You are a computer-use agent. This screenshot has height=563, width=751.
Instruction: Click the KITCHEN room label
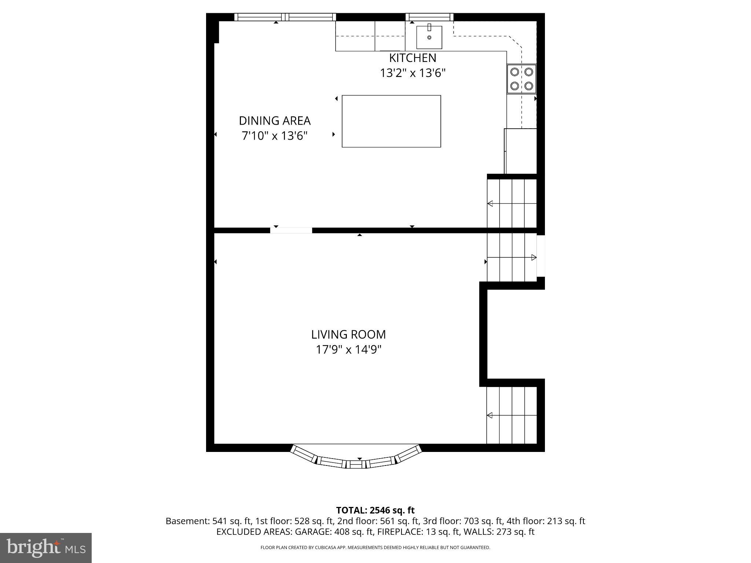pos(412,58)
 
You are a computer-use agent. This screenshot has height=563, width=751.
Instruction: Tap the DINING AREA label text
pos(275,121)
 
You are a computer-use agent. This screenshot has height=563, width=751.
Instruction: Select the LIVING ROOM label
pos(348,334)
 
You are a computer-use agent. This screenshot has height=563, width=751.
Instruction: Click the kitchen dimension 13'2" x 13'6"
pos(412,73)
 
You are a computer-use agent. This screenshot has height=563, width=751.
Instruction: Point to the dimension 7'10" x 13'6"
pos(274,136)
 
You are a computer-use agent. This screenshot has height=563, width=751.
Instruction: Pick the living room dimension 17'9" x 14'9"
pos(348,350)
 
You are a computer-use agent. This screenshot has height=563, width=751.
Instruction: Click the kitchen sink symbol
pos(429,37)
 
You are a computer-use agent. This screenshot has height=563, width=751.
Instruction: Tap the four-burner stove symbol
pos(521,79)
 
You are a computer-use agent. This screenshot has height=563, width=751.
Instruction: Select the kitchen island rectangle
pos(391,121)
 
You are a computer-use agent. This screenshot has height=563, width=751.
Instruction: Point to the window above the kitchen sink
pos(429,17)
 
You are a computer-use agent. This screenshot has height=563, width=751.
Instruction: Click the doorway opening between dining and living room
pos(291,230)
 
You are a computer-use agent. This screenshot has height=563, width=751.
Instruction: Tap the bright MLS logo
pos(46,548)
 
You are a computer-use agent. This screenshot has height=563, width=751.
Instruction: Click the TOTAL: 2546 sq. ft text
pos(375,510)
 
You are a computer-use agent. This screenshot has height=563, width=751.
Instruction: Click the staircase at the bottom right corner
pos(512,415)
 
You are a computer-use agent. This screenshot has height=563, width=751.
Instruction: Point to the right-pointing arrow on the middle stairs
pos(534,257)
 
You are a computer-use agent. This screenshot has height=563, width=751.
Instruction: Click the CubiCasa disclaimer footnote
pos(375,548)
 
